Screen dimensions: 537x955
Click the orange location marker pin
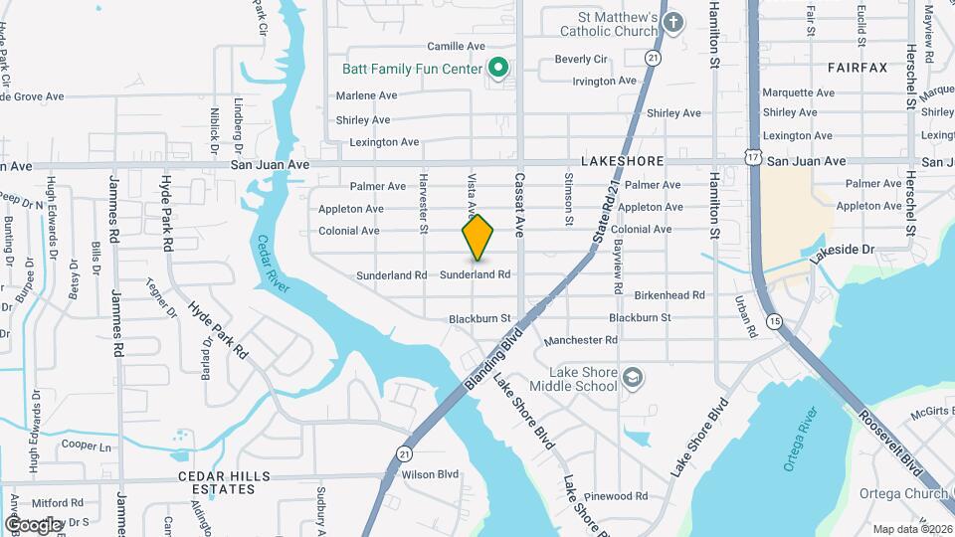tap(477, 238)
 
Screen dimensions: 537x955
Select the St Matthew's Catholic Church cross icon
tap(673, 23)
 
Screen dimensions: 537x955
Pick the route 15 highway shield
tap(775, 321)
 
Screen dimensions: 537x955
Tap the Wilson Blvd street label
tap(430, 475)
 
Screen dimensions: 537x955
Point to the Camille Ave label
tap(456, 46)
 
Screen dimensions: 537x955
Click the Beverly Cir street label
tap(581, 60)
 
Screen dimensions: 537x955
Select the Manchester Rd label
tap(581, 340)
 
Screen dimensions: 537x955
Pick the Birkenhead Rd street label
tap(670, 295)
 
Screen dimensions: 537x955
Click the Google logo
tap(33, 524)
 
